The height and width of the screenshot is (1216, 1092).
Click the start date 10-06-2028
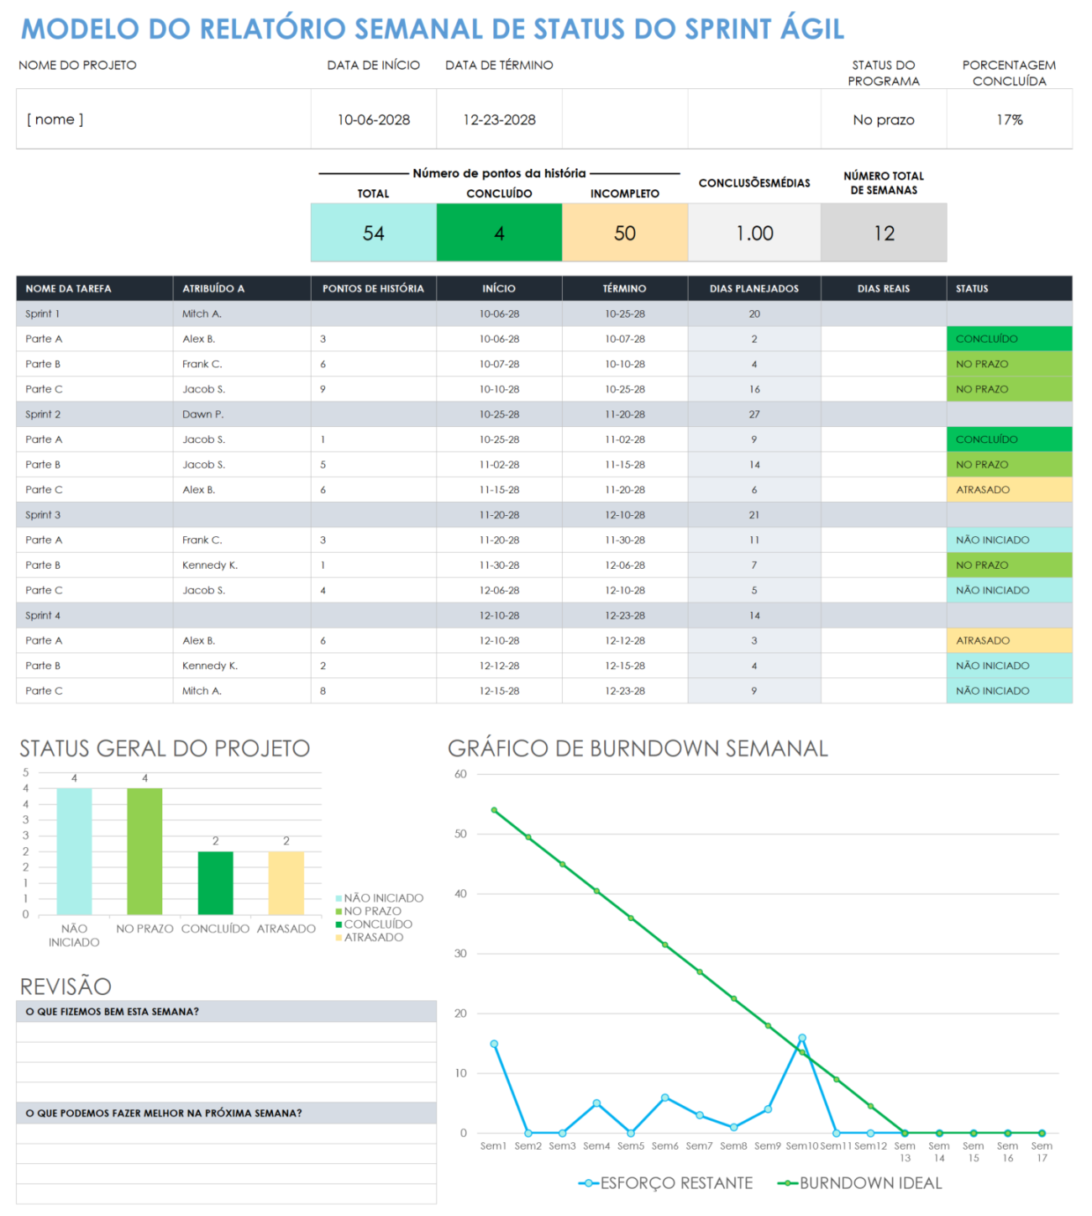373,120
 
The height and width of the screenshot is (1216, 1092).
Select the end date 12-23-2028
499,120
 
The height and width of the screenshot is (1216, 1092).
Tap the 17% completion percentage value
1009,120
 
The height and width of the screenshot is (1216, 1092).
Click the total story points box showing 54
373,233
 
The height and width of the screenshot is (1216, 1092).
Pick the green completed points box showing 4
499,233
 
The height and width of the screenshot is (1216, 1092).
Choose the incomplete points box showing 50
624,233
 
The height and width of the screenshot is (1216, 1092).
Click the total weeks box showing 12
884,233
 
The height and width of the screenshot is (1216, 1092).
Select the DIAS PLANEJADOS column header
753,288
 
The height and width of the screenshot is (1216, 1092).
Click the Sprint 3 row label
43,515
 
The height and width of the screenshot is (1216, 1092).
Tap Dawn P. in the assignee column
202,414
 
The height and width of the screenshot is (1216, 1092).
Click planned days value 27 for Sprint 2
753,414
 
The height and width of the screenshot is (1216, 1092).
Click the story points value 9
323,389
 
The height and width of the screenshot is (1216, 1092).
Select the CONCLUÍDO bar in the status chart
215,882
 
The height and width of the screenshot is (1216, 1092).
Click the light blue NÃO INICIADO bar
74,850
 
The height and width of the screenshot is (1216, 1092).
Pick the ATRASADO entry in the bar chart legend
373,937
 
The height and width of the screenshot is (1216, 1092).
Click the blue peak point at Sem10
802,1038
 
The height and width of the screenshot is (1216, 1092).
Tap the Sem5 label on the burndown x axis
630,1146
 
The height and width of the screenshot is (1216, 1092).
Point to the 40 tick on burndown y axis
460,894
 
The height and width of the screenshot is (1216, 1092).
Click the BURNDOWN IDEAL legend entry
869,1183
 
